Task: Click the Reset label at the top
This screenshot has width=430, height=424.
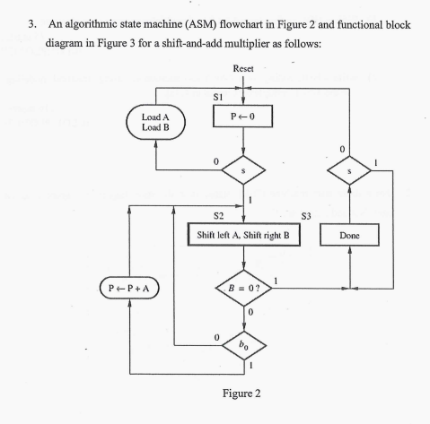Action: coord(243,69)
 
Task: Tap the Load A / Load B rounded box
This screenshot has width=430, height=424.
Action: coord(157,121)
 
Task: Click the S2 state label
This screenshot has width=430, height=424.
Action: coord(217,216)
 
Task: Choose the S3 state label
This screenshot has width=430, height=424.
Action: coord(306,216)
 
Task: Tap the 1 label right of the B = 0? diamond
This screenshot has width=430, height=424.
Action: coord(286,281)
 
